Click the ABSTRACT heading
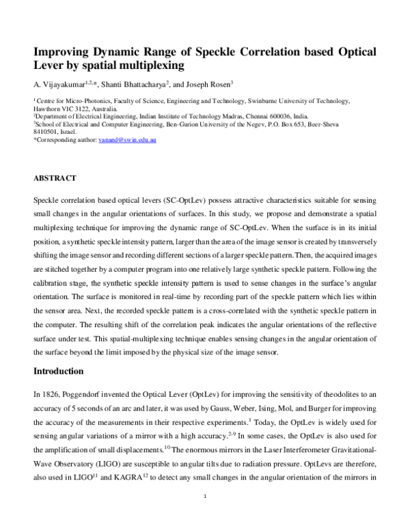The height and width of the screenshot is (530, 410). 54,178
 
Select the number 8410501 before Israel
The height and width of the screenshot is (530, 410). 47,132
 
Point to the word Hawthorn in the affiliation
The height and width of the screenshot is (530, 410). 48,108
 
